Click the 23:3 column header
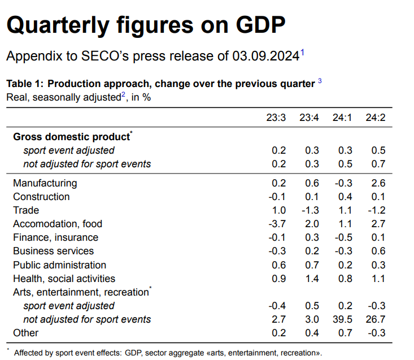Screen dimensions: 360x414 (x=276, y=118)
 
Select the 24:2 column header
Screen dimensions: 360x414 (x=374, y=118)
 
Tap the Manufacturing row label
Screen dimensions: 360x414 (x=45, y=183)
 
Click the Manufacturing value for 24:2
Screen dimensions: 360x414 (x=378, y=183)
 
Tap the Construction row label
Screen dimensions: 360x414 (x=41, y=197)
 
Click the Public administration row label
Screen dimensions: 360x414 (x=59, y=265)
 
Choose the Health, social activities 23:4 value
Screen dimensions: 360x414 (x=312, y=279)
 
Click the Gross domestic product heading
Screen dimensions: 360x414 (x=71, y=137)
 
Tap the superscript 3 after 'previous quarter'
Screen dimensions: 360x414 (x=320, y=81)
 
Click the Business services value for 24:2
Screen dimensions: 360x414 (x=378, y=251)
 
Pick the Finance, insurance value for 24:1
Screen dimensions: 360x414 (x=343, y=237)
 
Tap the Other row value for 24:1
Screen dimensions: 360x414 (x=345, y=333)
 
